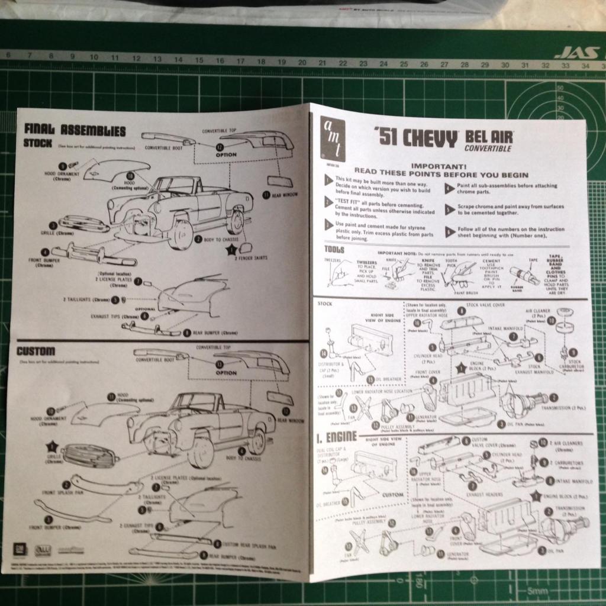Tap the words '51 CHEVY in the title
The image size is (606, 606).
416,138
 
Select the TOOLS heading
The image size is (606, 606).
335,249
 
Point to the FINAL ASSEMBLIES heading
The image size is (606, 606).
75,130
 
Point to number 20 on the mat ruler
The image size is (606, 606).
302,62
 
